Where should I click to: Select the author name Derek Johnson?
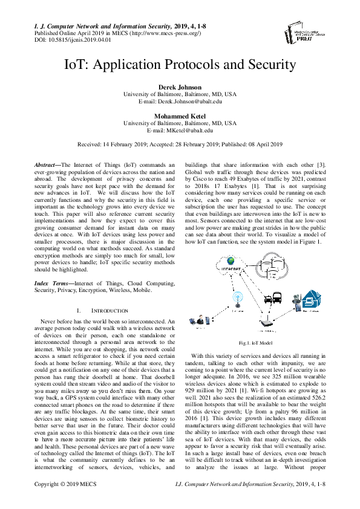coord(180,88)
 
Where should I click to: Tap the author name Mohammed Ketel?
coord(180,116)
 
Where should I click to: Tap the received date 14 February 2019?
coord(133,144)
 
